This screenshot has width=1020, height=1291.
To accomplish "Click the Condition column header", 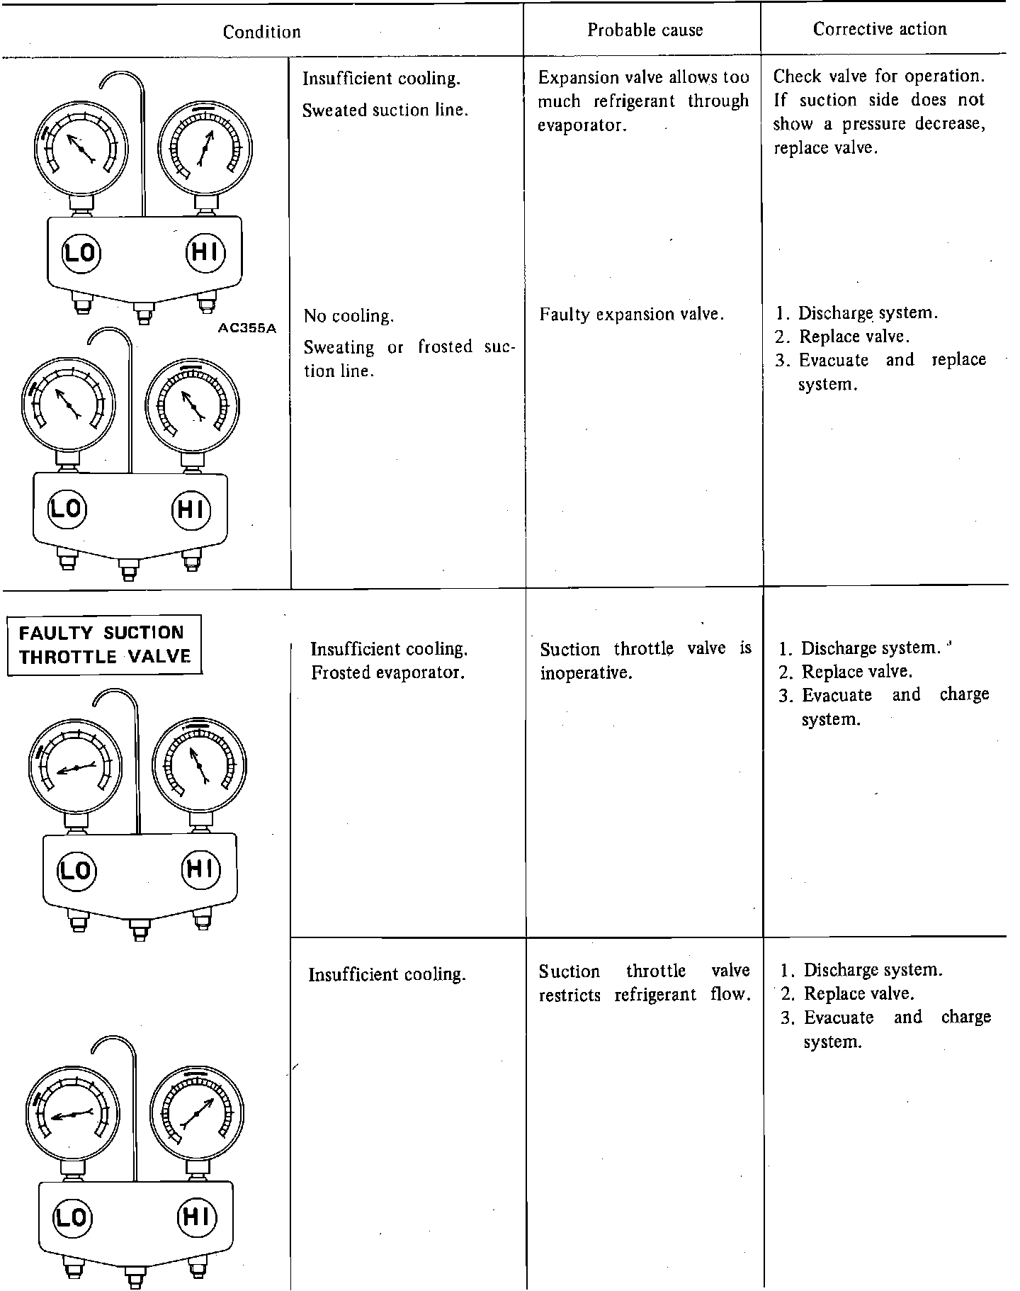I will pyautogui.click(x=261, y=32).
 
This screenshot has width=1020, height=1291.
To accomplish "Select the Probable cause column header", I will pyautogui.click(x=645, y=30).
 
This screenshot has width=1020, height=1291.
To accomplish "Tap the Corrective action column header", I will pyautogui.click(x=879, y=29).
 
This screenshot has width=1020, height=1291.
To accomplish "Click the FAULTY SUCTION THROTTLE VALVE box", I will pyautogui.click(x=105, y=644).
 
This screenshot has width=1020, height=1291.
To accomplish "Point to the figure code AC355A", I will pyautogui.click(x=247, y=328).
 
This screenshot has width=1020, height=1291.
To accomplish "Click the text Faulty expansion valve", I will pyautogui.click(x=631, y=314).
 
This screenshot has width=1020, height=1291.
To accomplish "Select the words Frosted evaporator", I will pyautogui.click(x=387, y=672).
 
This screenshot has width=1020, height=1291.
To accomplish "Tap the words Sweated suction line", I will pyautogui.click(x=385, y=110).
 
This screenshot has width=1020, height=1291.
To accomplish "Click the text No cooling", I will pyautogui.click(x=348, y=316).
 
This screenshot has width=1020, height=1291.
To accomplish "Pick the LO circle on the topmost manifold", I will pyautogui.click(x=81, y=252).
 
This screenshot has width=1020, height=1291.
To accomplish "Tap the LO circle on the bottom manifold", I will pyautogui.click(x=71, y=1217).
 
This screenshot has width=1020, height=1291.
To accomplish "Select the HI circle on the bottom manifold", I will pyautogui.click(x=195, y=1217).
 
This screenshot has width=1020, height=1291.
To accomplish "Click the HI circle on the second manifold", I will pyautogui.click(x=191, y=509).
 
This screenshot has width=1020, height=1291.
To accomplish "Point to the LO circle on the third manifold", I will pyautogui.click(x=76, y=869).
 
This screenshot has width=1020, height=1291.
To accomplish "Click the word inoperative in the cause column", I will pyautogui.click(x=585, y=672).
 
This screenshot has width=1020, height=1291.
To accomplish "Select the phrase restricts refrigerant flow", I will pyautogui.click(x=644, y=994).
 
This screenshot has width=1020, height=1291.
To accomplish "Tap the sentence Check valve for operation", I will pyautogui.click(x=878, y=76).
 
